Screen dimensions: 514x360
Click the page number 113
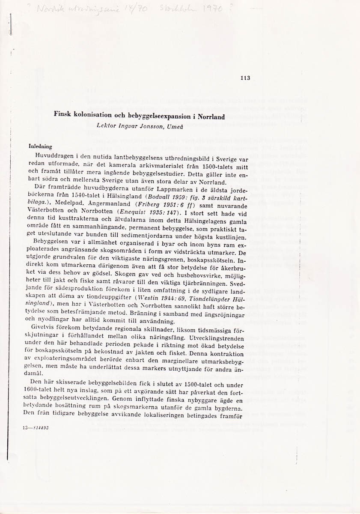245,78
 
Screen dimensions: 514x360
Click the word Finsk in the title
63,116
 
